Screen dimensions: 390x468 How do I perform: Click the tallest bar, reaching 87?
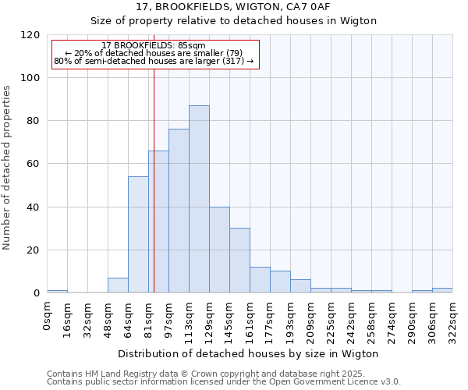coord(199,199)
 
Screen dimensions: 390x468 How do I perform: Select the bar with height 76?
coord(179,211)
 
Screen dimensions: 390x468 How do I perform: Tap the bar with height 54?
coord(138,234)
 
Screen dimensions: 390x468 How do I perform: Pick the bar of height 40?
coord(219,250)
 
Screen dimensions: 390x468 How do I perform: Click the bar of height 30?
coord(239,261)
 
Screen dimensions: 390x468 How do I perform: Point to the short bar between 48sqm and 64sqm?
coord(118,285)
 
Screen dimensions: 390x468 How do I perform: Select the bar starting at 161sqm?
coord(260,280)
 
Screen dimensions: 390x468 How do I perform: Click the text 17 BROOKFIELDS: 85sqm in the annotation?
coord(154,46)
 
